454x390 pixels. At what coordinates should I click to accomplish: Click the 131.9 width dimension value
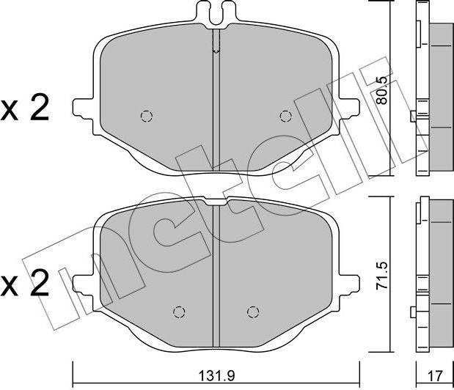click(x=216, y=376)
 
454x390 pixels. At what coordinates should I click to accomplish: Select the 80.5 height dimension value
click(x=382, y=91)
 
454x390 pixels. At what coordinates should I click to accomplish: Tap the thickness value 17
click(x=435, y=376)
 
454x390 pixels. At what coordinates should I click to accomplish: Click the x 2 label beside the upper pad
click(x=25, y=110)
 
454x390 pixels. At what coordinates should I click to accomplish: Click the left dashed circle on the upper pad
click(x=147, y=117)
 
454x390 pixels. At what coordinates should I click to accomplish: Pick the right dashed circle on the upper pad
click(x=285, y=117)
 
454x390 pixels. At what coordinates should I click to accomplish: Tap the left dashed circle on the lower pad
click(x=179, y=312)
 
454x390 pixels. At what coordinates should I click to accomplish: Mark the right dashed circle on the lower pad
click(x=253, y=312)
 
